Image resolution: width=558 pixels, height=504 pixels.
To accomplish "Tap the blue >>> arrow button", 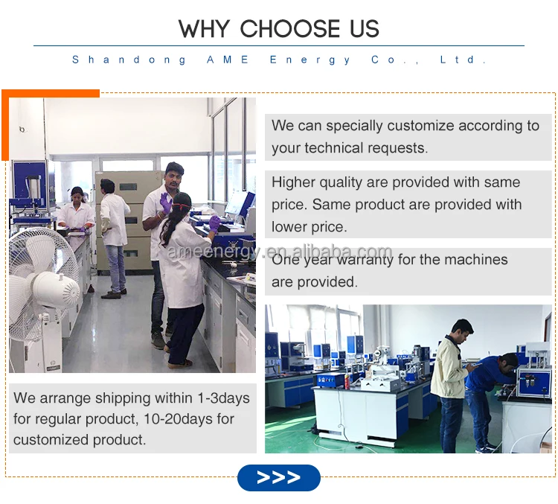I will (278, 477).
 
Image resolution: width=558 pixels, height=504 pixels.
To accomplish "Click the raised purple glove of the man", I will (165, 202).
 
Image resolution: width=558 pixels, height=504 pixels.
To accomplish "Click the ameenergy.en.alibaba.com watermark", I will (279, 252).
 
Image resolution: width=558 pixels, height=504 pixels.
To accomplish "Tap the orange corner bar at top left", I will (51, 94).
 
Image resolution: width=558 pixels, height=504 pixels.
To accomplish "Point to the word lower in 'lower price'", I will (292, 226).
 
